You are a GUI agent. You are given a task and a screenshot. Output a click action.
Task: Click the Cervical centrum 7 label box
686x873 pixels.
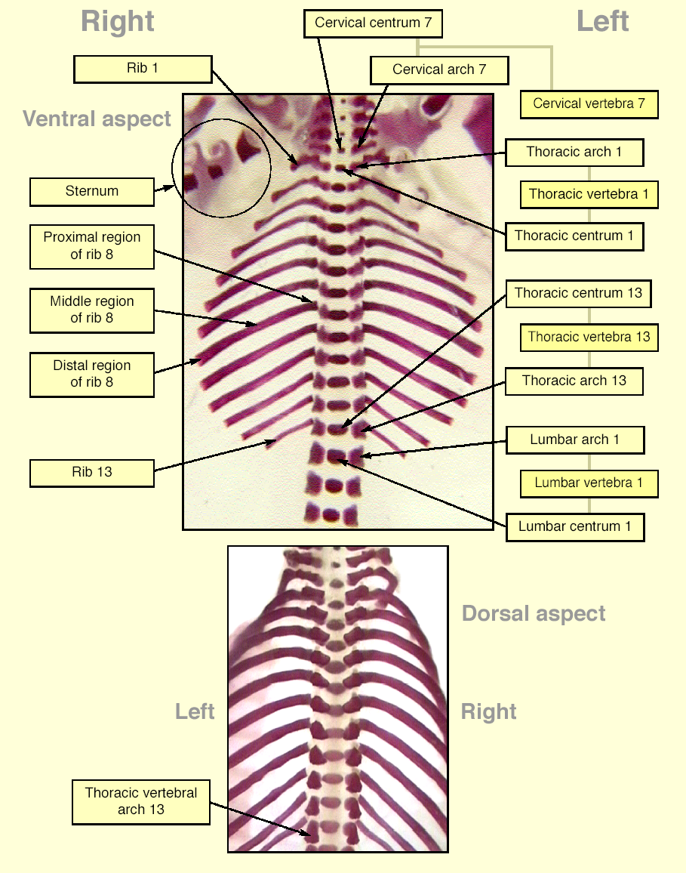[373, 23]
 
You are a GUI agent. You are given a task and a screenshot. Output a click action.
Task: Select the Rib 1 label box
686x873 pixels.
[143, 69]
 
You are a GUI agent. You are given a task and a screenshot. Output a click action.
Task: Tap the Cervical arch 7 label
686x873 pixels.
[439, 70]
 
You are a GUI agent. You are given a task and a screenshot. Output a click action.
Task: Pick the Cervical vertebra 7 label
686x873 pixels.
[589, 104]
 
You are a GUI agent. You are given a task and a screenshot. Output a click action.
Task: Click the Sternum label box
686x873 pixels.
[92, 192]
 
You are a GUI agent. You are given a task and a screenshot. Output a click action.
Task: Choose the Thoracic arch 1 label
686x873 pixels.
[574, 153]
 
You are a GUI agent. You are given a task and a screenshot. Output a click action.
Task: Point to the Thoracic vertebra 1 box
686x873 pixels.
[589, 194]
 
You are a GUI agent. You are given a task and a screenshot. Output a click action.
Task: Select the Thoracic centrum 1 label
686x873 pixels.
[574, 236]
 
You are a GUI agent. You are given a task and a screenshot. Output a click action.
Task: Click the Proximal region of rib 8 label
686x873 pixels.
[92, 246]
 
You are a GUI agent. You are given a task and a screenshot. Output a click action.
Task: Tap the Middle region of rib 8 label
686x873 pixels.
[92, 310]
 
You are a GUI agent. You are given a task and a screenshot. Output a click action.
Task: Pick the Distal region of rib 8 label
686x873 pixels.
[92, 374]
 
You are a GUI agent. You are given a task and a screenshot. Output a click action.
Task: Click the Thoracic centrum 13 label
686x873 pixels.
[578, 294]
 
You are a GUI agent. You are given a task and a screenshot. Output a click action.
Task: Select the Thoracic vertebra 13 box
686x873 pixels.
[589, 338]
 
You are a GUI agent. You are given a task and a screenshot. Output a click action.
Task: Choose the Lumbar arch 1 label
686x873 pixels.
[575, 440]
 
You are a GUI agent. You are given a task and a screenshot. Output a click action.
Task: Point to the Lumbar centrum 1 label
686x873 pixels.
[575, 526]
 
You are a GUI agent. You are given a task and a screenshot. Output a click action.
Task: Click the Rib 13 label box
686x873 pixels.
[92, 473]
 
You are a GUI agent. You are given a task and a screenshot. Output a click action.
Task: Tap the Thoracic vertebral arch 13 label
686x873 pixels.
[141, 802]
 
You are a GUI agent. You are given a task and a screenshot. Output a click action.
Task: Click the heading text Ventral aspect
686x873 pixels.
[97, 119]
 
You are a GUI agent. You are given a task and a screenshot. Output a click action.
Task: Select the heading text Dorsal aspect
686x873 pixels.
[534, 613]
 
